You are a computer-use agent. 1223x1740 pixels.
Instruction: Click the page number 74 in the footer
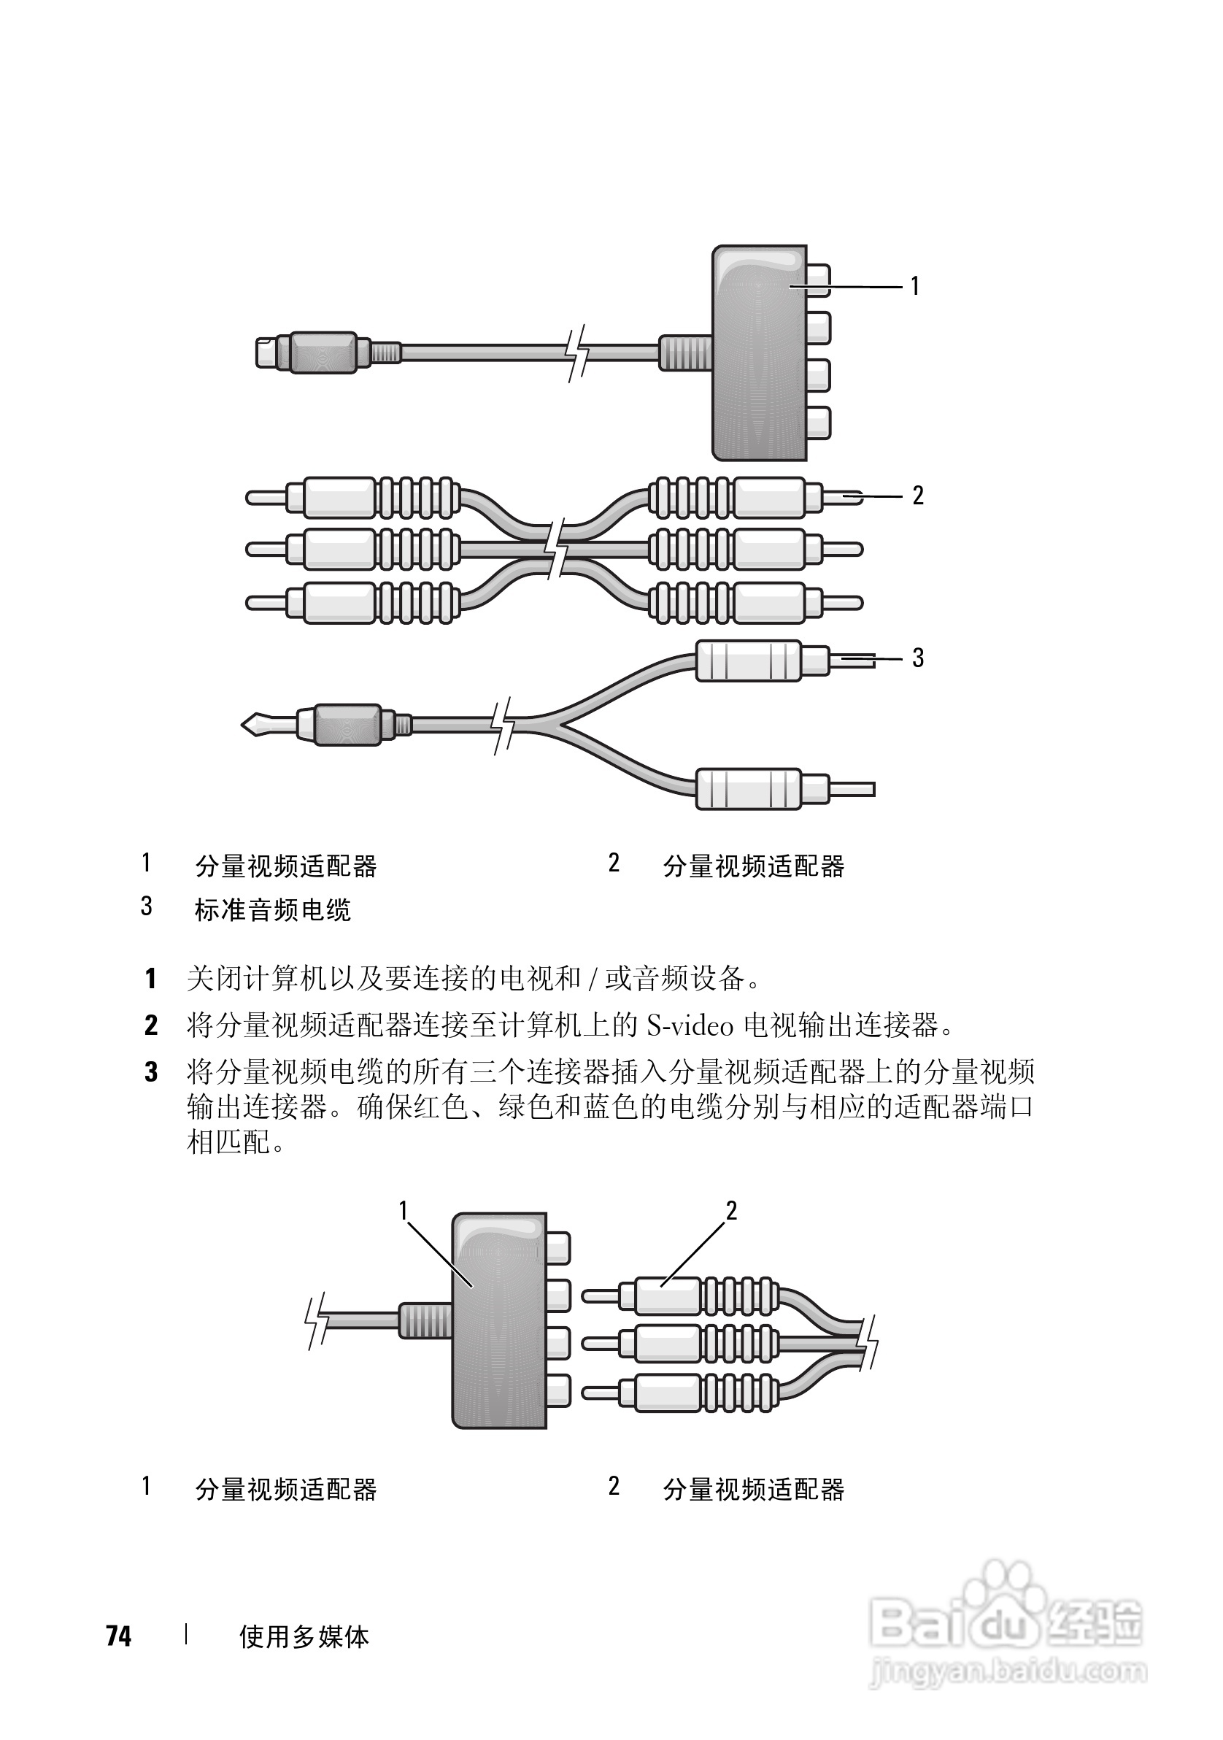tap(119, 1636)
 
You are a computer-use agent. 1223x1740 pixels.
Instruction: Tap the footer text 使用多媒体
tap(304, 1637)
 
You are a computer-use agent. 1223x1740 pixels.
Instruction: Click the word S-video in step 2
tap(690, 1026)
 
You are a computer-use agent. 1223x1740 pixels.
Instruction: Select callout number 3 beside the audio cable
tap(918, 658)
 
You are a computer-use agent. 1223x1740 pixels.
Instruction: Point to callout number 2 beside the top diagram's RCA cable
tap(918, 496)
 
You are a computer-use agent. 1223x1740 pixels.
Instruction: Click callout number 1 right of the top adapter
tap(914, 285)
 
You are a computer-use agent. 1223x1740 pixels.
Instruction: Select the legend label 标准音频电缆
tap(273, 909)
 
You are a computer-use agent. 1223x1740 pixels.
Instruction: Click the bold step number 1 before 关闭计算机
tap(151, 979)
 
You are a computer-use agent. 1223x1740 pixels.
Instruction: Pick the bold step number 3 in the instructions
tap(151, 1072)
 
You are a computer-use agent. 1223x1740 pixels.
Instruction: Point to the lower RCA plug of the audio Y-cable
tap(765, 789)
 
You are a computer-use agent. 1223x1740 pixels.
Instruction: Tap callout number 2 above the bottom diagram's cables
tap(731, 1211)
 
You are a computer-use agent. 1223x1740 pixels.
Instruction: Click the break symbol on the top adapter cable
tap(578, 353)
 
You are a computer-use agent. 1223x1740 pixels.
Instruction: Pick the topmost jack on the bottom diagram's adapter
tap(558, 1247)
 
